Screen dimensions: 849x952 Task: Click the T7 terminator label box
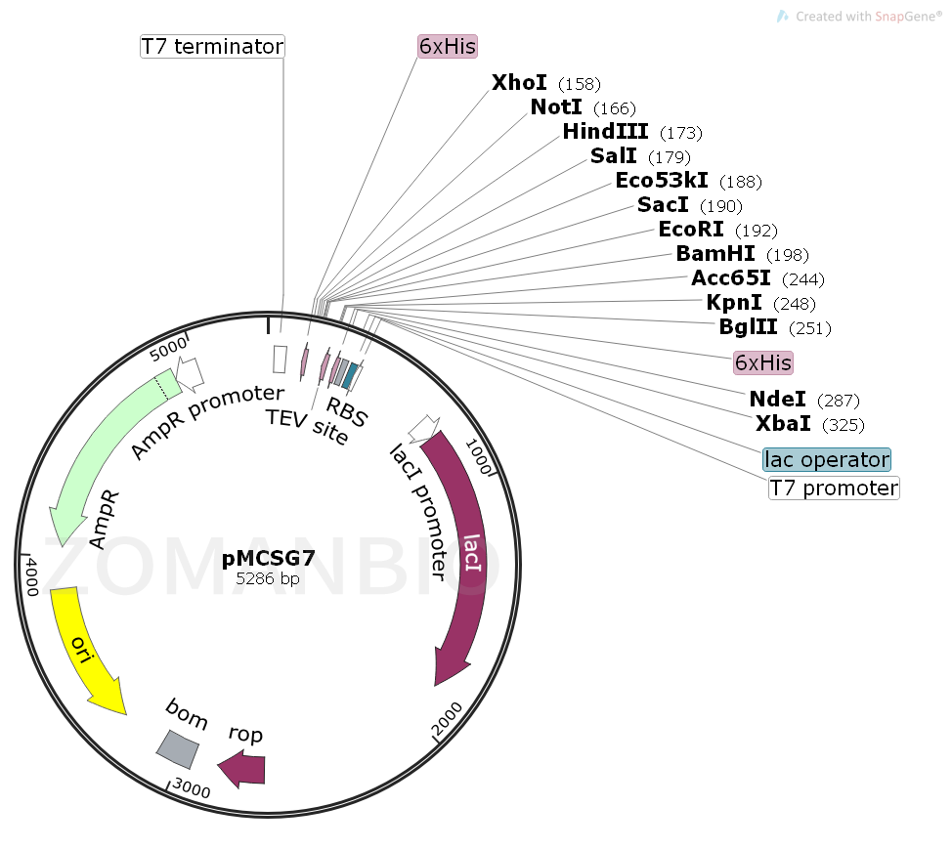coord(212,46)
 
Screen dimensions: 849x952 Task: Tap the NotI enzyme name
coord(556,106)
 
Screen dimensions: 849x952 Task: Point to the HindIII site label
coord(606,131)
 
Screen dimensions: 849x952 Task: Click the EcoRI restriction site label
coord(691,230)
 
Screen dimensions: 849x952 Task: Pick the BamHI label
coord(715,254)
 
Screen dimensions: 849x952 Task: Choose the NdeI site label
coord(778,399)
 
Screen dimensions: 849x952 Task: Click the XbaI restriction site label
coord(783,423)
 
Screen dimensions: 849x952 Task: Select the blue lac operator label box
coord(827,459)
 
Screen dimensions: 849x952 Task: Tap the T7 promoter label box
coord(834,488)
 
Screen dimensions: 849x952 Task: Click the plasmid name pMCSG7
coord(268,559)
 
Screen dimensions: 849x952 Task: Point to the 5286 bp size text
coord(268,578)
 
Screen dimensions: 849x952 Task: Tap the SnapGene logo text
coord(875,17)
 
